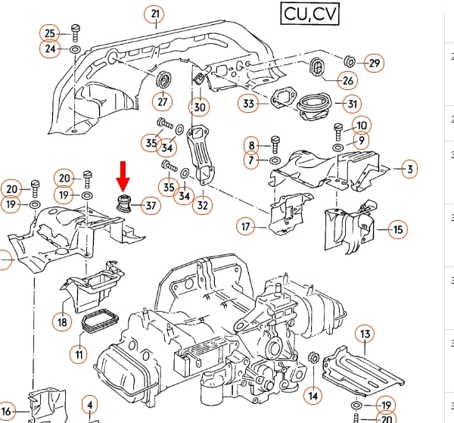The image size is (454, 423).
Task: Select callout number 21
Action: click(x=156, y=14)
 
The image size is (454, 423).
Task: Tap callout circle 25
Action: click(x=51, y=33)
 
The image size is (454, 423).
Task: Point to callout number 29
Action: click(x=374, y=63)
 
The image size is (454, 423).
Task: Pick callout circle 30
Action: click(x=199, y=107)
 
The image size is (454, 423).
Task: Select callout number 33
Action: click(x=248, y=103)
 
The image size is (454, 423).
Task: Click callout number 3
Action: click(x=409, y=169)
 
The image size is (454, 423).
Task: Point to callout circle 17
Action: click(x=246, y=225)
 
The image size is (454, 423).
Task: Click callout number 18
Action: click(x=63, y=321)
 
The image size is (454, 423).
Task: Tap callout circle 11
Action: click(x=79, y=353)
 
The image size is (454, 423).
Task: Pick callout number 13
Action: click(x=365, y=334)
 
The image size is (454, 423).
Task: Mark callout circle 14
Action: click(x=313, y=394)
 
